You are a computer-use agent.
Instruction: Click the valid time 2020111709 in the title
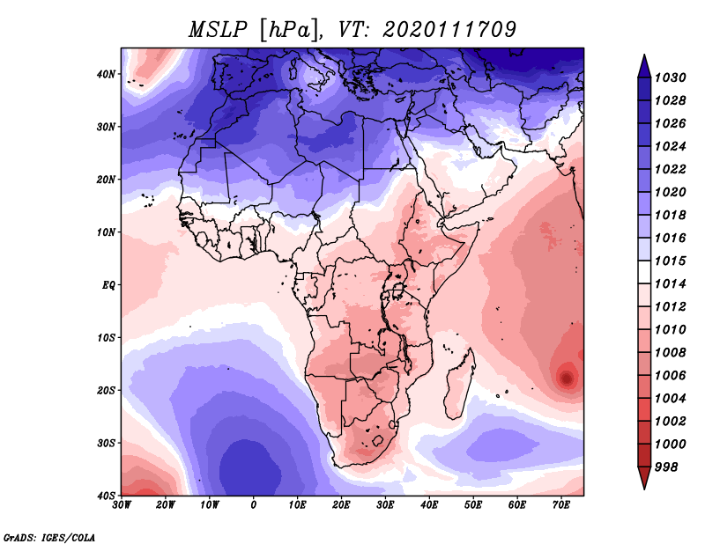(449, 30)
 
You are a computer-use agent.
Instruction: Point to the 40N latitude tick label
(106, 74)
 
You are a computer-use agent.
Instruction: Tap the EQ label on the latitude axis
(108, 285)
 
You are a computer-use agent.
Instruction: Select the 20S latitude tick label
(106, 390)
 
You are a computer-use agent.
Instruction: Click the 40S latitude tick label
(106, 496)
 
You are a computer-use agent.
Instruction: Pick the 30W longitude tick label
(122, 505)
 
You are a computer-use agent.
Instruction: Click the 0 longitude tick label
(254, 505)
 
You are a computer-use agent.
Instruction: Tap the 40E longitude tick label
(429, 505)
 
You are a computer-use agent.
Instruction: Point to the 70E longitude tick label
(561, 505)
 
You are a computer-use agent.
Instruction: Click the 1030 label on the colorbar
(670, 77)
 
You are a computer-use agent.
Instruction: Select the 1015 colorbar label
(670, 261)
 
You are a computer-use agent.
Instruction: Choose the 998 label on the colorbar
(665, 467)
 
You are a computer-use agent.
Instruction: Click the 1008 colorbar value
(670, 353)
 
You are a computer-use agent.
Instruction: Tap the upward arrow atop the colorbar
(644, 67)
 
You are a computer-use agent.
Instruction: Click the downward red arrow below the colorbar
(644, 478)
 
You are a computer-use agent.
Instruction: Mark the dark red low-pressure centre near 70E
(566, 378)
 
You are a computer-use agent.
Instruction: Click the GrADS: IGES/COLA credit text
(49, 537)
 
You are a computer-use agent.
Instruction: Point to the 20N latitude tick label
(106, 180)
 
